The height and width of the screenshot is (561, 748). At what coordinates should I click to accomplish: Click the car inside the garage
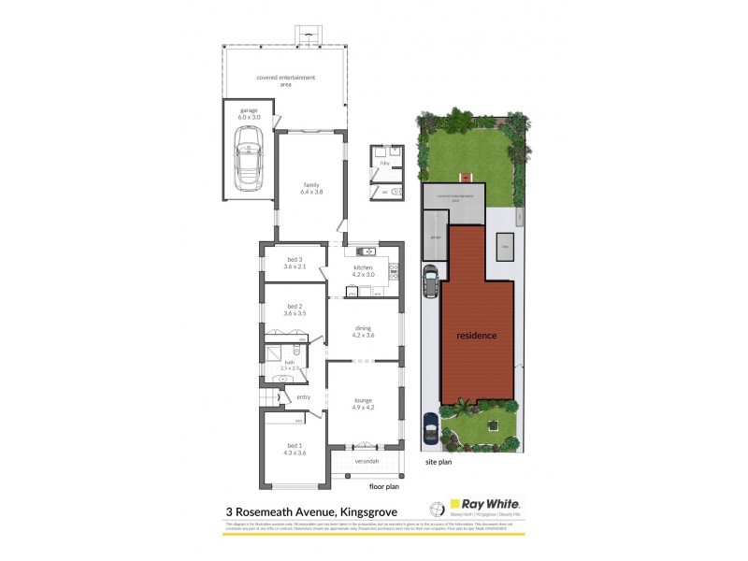[x=250, y=155]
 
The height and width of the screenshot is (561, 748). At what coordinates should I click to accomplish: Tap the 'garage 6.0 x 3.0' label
[x=248, y=113]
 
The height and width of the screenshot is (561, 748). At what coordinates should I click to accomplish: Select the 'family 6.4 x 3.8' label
[x=311, y=188]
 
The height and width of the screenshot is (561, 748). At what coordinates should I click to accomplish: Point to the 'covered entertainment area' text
[x=285, y=79]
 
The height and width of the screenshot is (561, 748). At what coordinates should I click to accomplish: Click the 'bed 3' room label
[x=295, y=263]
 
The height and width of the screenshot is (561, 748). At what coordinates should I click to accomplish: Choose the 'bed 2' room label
[x=295, y=309]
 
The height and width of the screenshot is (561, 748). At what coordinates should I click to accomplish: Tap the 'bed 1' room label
[x=295, y=450]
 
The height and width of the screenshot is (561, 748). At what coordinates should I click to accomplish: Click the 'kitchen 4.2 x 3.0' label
[x=364, y=271]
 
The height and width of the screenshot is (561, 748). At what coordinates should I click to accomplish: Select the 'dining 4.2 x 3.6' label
[x=364, y=332]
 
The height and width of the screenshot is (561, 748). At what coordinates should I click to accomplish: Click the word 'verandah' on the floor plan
[x=367, y=461]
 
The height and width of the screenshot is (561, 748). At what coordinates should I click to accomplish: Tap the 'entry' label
[x=303, y=397]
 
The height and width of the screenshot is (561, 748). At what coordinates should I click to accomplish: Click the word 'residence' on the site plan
[x=477, y=335]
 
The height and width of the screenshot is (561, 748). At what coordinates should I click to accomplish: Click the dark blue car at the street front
[x=430, y=428]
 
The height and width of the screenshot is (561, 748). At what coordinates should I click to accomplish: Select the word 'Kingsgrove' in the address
[x=366, y=511]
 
